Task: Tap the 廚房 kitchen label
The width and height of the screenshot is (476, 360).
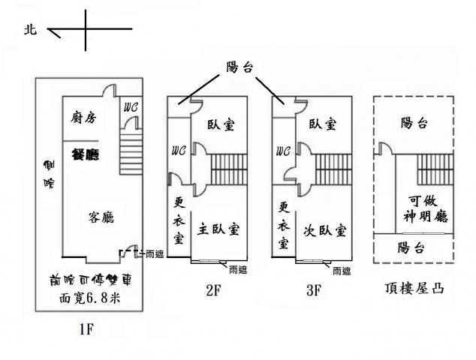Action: (83, 117)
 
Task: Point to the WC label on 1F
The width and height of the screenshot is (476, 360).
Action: (130, 106)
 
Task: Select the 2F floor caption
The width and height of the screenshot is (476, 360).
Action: (212, 291)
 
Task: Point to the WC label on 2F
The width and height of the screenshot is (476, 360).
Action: (178, 150)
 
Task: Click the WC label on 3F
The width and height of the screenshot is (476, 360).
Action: (282, 150)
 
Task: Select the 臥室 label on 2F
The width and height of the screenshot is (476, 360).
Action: (221, 124)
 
